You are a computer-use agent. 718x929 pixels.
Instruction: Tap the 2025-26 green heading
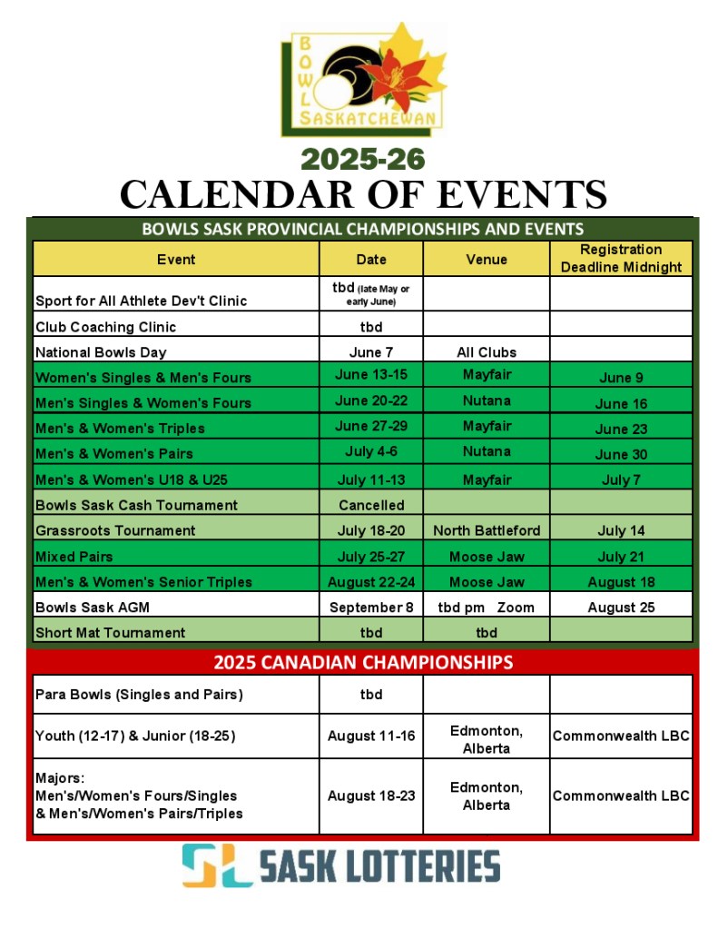(363, 159)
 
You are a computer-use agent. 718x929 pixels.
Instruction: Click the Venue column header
(487, 259)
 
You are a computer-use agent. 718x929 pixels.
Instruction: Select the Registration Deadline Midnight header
(621, 258)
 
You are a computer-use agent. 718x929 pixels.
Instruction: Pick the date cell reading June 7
(370, 351)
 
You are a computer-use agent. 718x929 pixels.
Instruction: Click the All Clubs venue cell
(487, 351)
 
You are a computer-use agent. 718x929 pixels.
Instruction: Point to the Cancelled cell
(370, 505)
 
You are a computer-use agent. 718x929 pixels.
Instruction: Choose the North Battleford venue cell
(487, 530)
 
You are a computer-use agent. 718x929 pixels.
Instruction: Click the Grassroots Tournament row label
(115, 530)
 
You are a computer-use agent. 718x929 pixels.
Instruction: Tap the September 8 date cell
(370, 608)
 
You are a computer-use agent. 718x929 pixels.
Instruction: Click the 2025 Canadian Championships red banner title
(363, 662)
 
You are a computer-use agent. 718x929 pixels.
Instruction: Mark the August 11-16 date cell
(370, 736)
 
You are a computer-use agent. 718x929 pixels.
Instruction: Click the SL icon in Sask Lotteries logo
(216, 865)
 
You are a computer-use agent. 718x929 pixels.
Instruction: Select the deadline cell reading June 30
(621, 454)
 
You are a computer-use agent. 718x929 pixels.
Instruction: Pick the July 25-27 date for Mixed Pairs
(370, 556)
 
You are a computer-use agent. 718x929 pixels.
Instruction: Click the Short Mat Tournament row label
(110, 632)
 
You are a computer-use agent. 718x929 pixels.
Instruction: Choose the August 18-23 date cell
(370, 796)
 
